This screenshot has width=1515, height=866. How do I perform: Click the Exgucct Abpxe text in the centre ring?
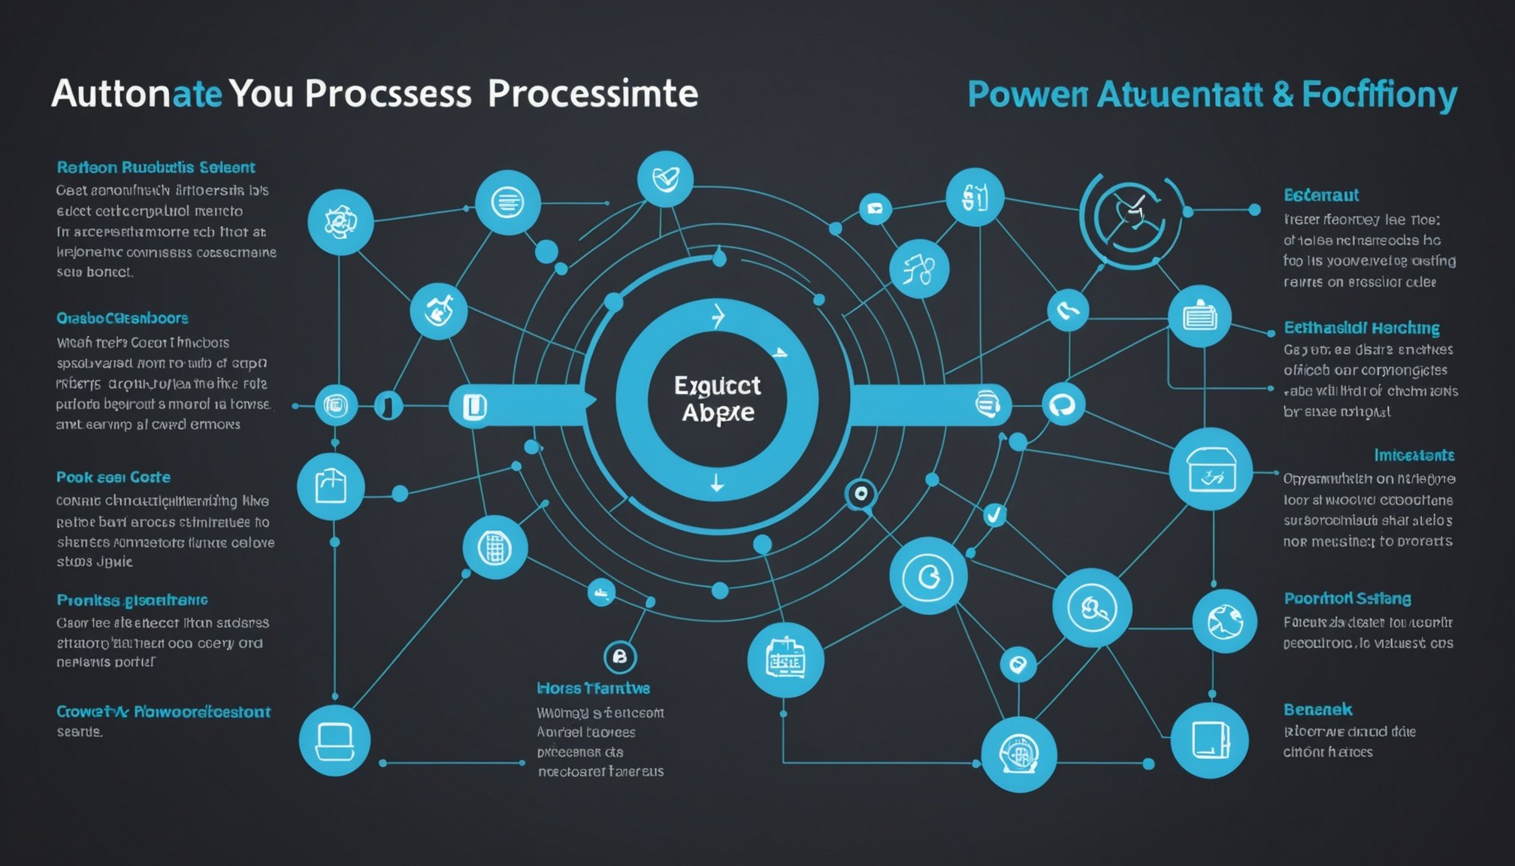(717, 399)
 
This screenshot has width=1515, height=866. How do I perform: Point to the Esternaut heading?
(1321, 195)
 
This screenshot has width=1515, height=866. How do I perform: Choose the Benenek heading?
(1317, 710)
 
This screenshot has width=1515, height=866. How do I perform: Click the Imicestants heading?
(1414, 456)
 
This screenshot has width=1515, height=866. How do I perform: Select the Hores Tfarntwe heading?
(593, 689)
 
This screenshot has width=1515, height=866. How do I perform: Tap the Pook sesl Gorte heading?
(113, 477)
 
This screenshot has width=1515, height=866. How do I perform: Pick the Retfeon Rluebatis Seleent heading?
(156, 168)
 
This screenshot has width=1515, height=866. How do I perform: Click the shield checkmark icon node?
(665, 179)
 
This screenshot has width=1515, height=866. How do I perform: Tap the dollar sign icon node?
(975, 197)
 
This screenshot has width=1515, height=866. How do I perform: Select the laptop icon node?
(334, 740)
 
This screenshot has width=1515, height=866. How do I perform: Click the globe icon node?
(1224, 621)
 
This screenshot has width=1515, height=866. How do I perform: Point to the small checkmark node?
(994, 515)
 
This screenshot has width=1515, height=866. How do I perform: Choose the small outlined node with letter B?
(620, 657)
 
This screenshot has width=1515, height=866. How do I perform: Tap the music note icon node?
(918, 268)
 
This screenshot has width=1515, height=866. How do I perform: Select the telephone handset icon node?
(1068, 309)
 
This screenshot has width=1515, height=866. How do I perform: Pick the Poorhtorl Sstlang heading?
(1347, 599)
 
